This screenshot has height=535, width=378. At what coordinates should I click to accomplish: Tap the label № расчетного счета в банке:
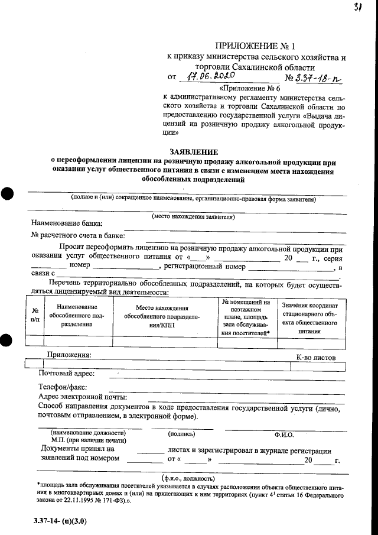coord(77,235)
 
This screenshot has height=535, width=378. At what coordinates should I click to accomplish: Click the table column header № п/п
coord(35,314)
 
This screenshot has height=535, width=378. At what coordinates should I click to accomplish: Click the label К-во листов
coord(315,358)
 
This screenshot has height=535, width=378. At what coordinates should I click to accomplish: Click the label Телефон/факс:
coord(63,387)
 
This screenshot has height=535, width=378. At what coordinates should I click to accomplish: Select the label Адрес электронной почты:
coord(82,397)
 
